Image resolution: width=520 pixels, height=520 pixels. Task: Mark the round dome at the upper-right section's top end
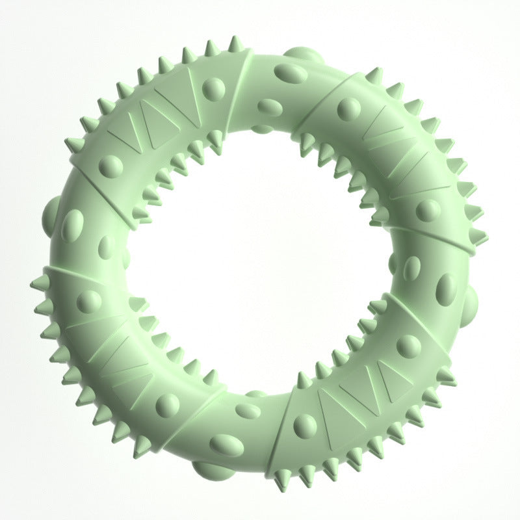coord(348,109)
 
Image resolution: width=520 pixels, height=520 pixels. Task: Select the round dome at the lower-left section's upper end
coord(88,301)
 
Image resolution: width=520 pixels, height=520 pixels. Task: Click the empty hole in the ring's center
coord(260,260)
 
